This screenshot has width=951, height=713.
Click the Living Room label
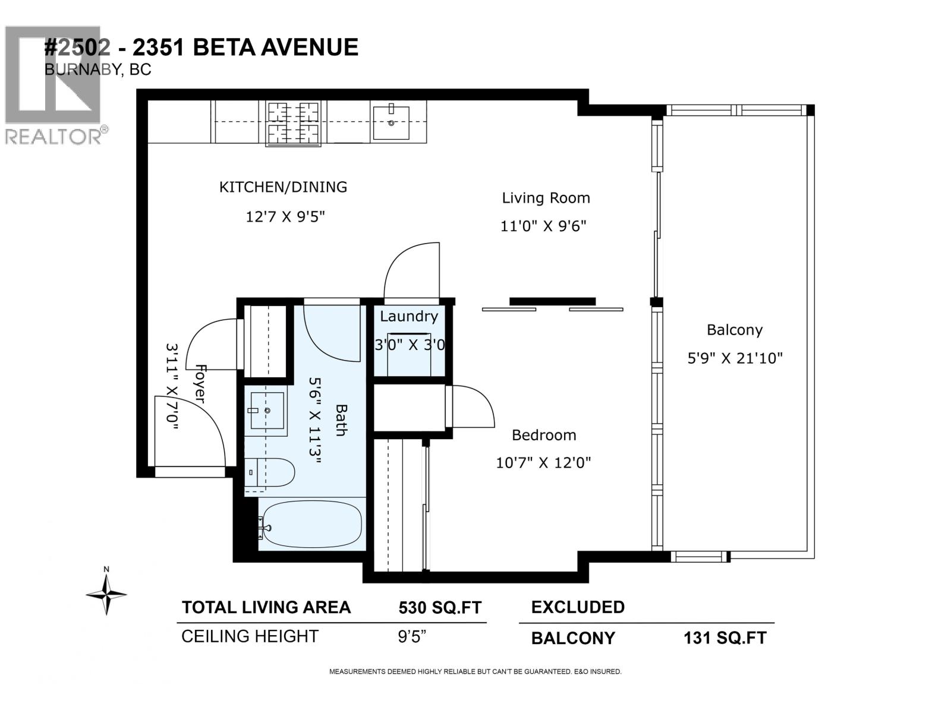click(x=546, y=198)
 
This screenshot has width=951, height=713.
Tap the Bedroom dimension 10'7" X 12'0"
click(x=543, y=462)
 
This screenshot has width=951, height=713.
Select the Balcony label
click(x=734, y=330)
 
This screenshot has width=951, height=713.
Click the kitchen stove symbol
click(x=293, y=124)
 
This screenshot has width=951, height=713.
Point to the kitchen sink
click(x=391, y=122)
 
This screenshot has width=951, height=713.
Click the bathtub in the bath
click(x=311, y=525)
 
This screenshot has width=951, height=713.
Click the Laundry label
click(x=409, y=316)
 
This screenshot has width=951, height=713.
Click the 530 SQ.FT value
click(x=439, y=608)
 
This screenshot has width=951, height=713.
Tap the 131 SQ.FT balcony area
click(x=725, y=638)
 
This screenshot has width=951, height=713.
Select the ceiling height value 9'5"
click(x=412, y=637)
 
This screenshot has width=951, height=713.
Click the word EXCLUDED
click(x=577, y=607)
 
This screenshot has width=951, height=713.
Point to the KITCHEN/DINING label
click(x=283, y=187)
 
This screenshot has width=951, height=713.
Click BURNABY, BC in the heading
click(x=98, y=70)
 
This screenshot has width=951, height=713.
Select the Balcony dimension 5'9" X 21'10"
click(x=735, y=358)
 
